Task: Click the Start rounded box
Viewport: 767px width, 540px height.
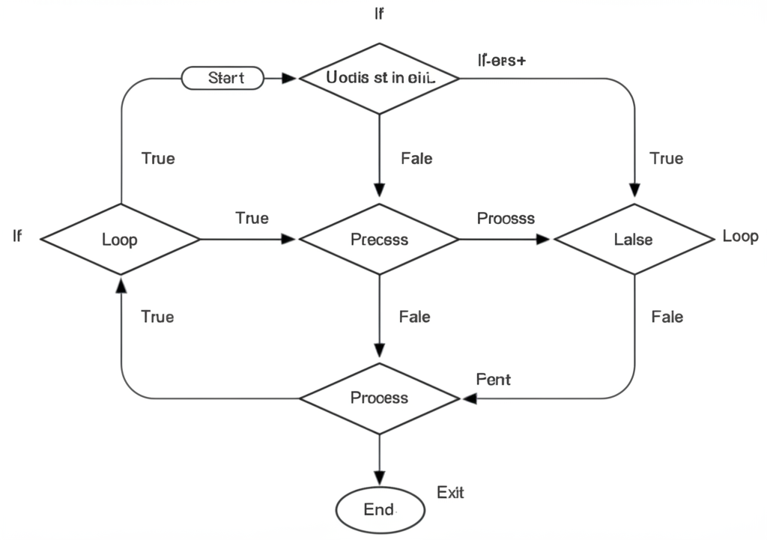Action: coord(223,78)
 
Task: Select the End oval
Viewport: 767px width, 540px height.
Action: coord(380,509)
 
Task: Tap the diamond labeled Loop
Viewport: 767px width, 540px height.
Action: coord(120,240)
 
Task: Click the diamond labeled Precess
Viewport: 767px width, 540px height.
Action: coord(380,240)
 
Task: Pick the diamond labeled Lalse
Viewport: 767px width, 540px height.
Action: coord(634,240)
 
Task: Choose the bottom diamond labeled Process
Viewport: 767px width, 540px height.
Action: coord(380,398)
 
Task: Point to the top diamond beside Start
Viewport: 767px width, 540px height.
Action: coord(380,77)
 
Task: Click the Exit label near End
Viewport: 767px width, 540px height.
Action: coord(450,492)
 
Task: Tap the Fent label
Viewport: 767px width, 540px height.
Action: coord(493,379)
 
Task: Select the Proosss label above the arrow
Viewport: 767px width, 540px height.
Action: coord(506,218)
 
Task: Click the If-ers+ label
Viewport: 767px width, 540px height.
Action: coord(501,61)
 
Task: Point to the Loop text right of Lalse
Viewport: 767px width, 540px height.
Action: coord(740,237)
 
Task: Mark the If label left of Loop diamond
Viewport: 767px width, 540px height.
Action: coord(17,237)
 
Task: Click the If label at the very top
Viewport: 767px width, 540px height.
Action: coord(380,14)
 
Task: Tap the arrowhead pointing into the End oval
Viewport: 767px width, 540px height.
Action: coord(380,478)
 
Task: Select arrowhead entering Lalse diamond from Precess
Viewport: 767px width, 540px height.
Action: coord(543,240)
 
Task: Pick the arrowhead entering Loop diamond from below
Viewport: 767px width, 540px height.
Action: coord(121,285)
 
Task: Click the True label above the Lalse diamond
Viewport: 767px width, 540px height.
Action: coord(666,158)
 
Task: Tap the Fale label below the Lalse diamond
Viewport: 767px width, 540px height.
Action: coord(667,317)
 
